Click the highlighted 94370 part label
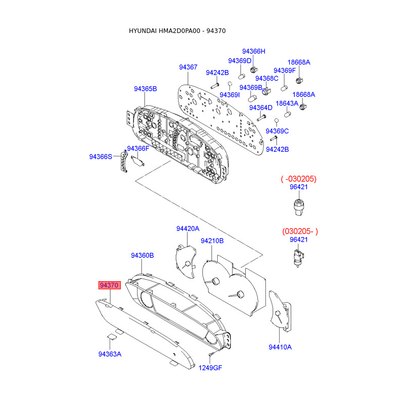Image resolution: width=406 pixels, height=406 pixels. point(109,286)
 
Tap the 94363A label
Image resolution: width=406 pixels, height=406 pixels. point(110,354)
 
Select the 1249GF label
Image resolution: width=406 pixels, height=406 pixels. point(210,368)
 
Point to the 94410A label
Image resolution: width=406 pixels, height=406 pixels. point(280,347)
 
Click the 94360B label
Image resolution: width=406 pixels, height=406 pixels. point(142,256)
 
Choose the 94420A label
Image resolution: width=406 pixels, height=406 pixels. point(188,229)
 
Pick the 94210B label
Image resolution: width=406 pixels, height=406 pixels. point(212,241)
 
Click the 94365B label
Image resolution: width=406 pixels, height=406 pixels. point(146,89)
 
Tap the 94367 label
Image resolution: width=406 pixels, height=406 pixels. point(188,67)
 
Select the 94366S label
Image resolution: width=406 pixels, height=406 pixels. point(100,157)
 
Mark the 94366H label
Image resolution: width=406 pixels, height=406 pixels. point(254,51)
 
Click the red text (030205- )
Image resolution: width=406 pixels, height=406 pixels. point(300,231)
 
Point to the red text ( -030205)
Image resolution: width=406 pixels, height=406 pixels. point(299,179)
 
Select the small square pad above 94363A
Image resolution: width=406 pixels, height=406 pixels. point(111,335)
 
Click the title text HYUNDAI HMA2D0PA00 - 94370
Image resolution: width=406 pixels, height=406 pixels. point(177,31)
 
